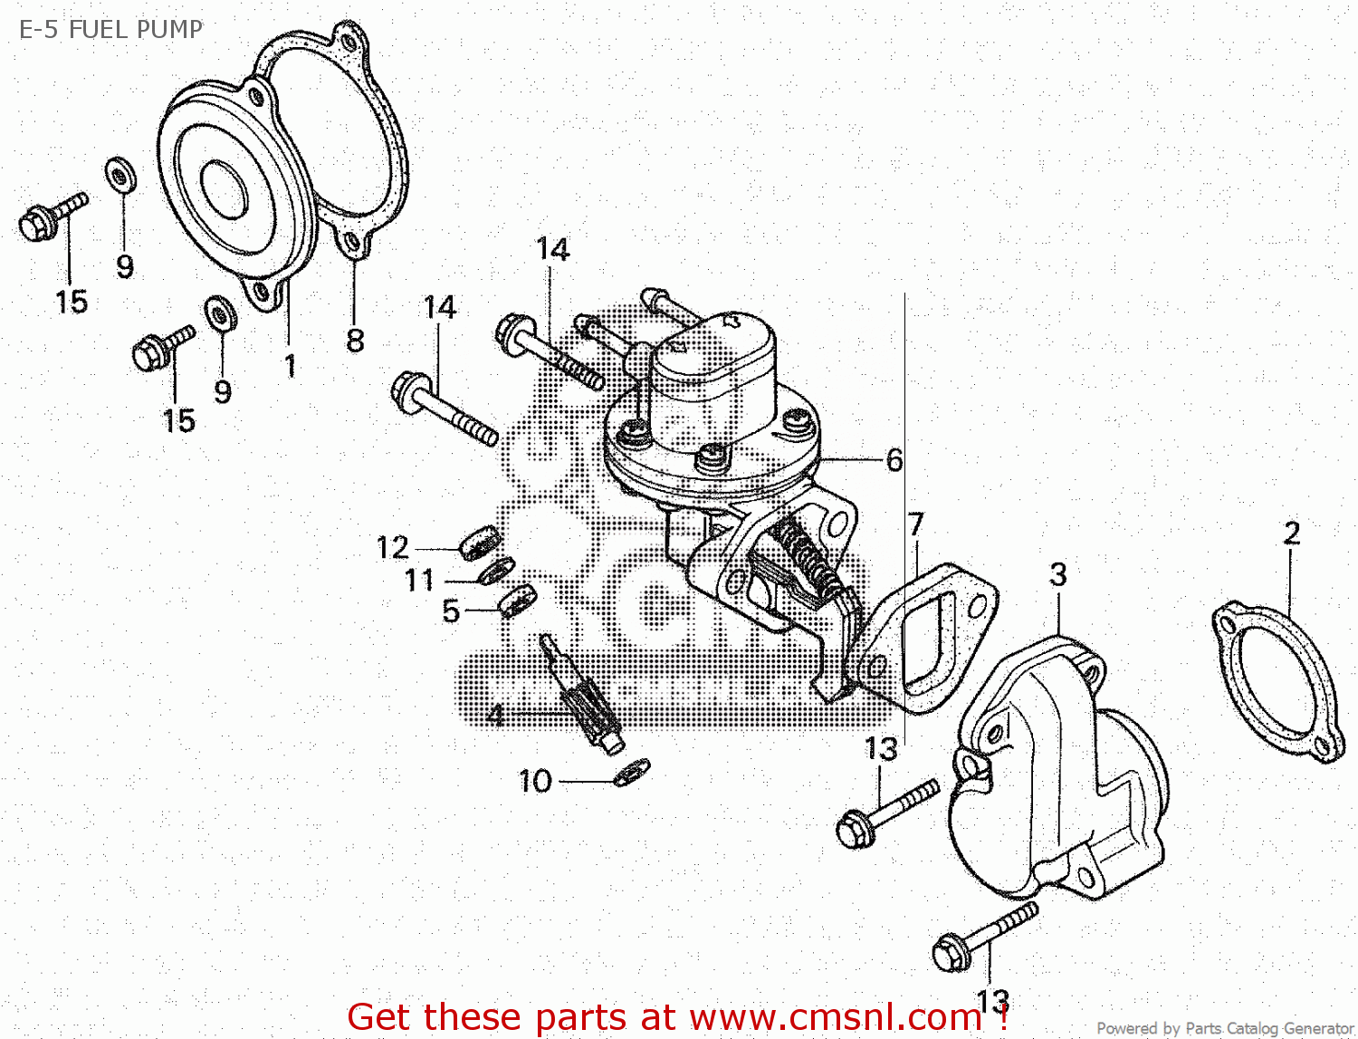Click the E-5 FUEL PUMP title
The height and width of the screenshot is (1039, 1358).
pos(110,29)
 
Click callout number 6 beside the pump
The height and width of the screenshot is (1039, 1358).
pos(894,460)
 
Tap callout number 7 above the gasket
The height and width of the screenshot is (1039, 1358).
pos(916,524)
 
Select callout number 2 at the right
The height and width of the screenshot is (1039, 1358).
pos(1292,533)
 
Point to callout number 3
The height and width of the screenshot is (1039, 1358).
pos(1057,574)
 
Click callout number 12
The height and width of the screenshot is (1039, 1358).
pos(393,548)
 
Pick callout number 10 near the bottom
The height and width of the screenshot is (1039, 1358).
pos(535,781)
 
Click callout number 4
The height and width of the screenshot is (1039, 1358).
pos(495,716)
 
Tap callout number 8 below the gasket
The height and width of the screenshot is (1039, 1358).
pos(355,341)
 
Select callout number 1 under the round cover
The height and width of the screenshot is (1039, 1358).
pos(290,366)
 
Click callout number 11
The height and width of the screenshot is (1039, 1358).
pos(419,580)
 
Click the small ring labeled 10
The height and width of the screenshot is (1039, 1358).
pos(631,772)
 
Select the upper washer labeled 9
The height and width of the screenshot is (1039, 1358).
pos(120,175)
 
